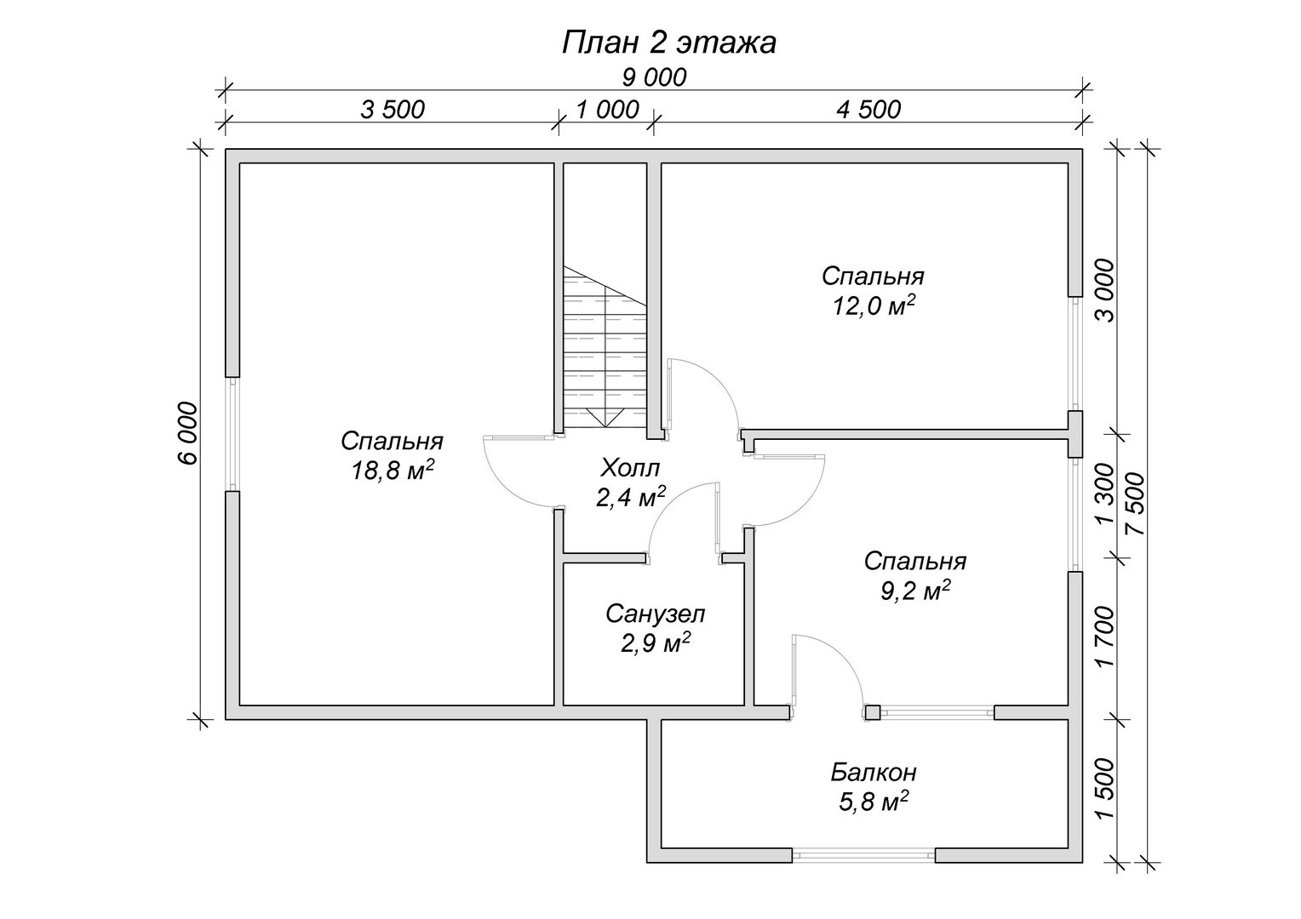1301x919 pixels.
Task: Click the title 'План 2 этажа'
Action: click(668, 43)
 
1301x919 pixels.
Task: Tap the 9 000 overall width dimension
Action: click(654, 77)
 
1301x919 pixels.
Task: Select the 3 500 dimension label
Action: click(393, 110)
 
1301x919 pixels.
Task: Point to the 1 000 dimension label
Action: click(608, 110)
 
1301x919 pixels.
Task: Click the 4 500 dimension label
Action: click(868, 110)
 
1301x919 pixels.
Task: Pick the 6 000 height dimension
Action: click(188, 433)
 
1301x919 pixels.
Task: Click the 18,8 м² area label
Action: click(392, 471)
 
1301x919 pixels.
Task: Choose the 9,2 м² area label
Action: click(915, 591)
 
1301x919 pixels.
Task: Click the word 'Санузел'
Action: click(655, 614)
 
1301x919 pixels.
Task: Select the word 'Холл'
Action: click(630, 467)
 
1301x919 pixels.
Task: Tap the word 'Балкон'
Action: click(874, 773)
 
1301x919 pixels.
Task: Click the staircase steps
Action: click(605, 347)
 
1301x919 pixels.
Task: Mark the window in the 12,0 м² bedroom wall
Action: click(1075, 354)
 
